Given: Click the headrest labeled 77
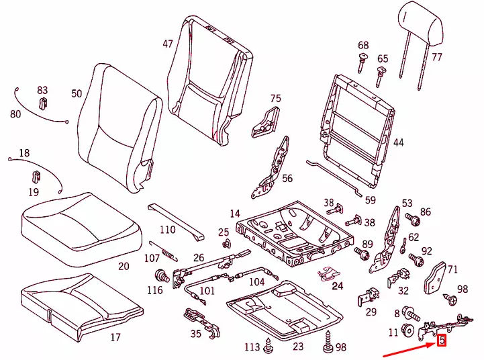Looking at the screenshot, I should click(421, 26).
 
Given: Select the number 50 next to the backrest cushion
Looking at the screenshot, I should click(77, 94).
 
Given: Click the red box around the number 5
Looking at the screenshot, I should click(442, 341).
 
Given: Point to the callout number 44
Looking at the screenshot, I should click(399, 142).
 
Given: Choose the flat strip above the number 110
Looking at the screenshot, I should click(174, 218).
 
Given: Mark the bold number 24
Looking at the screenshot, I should click(337, 286).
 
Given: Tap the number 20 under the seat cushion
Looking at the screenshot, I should click(124, 266).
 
